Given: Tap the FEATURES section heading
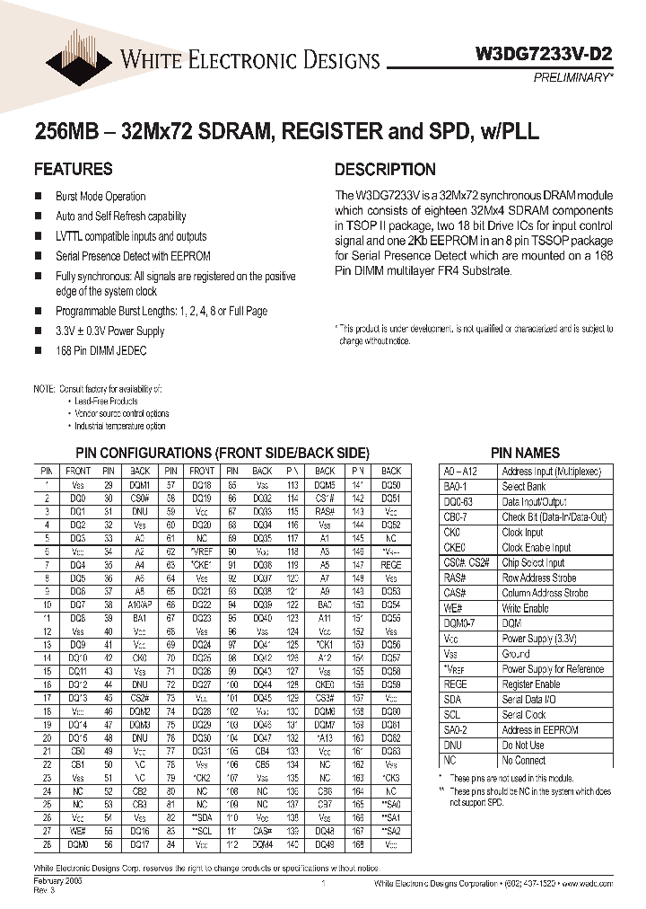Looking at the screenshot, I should pos(73,169).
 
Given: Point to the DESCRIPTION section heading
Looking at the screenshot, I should pos(385,169).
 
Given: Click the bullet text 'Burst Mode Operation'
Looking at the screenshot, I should pos(100,197).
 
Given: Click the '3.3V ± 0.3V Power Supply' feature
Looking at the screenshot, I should pos(110,331).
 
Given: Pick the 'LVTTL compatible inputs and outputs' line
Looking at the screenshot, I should pos(131,236).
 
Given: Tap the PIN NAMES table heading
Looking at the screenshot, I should pos(525,454).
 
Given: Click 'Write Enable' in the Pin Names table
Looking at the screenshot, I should pos(525,608).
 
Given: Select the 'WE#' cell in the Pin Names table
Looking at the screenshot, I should pos(452,608).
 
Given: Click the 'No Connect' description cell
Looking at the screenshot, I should pos(524,760).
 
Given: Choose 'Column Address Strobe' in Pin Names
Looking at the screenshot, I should pos(545,593).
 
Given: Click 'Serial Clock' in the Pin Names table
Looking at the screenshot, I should pos(524,715).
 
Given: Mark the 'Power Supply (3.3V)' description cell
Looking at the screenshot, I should pos(540,639).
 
